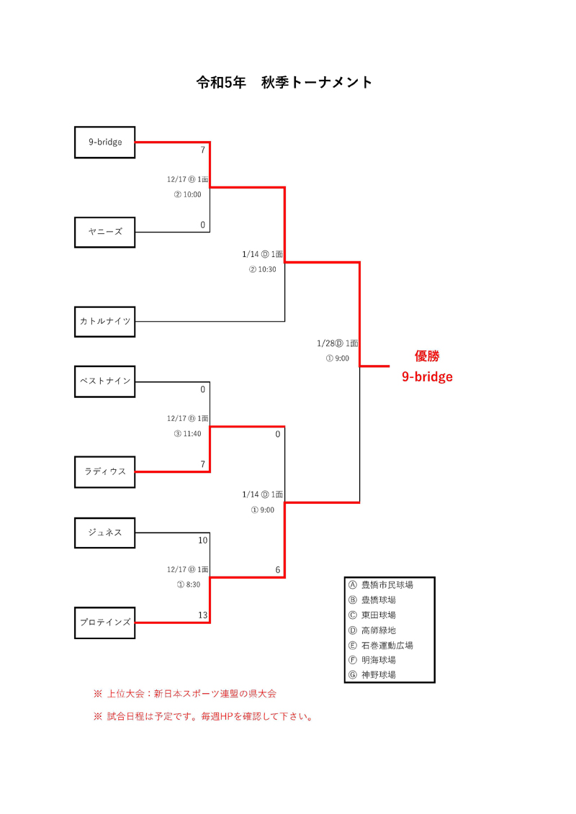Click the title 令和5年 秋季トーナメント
[x=284, y=83]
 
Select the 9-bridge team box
[x=105, y=143]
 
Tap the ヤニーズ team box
[x=105, y=232]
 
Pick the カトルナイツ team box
[x=105, y=322]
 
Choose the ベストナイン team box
[x=105, y=381]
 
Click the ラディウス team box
[x=105, y=472]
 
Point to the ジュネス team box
[x=105, y=533]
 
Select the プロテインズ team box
[x=105, y=623]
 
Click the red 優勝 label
[x=427, y=356]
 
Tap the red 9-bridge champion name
[x=427, y=376]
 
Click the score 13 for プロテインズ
[x=202, y=615]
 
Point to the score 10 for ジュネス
[x=202, y=541]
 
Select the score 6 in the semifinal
[x=277, y=570]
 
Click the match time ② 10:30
[x=263, y=270]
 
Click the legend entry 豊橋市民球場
[x=387, y=585]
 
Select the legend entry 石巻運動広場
[x=387, y=646]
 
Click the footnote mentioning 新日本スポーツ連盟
[x=185, y=695]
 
